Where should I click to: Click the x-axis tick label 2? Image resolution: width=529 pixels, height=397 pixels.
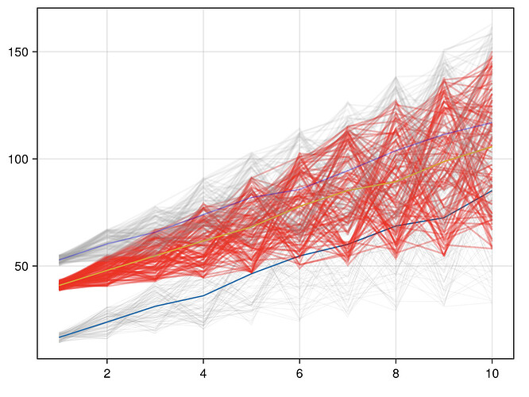point(106,373)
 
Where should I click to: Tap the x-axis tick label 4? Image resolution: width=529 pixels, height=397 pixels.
point(203,373)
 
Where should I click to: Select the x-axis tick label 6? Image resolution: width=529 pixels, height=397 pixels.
point(299,373)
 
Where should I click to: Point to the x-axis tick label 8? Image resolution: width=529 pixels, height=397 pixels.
point(396,373)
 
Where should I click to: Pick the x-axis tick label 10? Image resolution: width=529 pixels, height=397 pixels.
point(492,373)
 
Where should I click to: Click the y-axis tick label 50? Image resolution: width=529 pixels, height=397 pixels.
point(23,266)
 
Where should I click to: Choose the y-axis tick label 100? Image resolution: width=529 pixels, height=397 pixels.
point(20,159)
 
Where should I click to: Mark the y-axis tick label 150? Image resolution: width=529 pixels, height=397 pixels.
point(20,52)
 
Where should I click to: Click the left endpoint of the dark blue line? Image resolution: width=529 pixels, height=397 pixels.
point(59,337)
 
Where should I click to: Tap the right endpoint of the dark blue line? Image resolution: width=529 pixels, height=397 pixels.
point(492,190)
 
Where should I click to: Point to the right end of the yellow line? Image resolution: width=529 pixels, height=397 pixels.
point(492,146)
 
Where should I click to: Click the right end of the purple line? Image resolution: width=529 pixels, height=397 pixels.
point(492,122)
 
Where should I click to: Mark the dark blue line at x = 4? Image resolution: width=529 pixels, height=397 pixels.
point(203,296)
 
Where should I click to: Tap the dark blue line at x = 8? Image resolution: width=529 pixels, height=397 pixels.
point(396,226)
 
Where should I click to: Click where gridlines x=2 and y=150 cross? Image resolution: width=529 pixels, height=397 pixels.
point(106,52)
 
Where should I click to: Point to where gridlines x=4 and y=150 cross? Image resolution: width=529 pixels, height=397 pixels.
point(203,52)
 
